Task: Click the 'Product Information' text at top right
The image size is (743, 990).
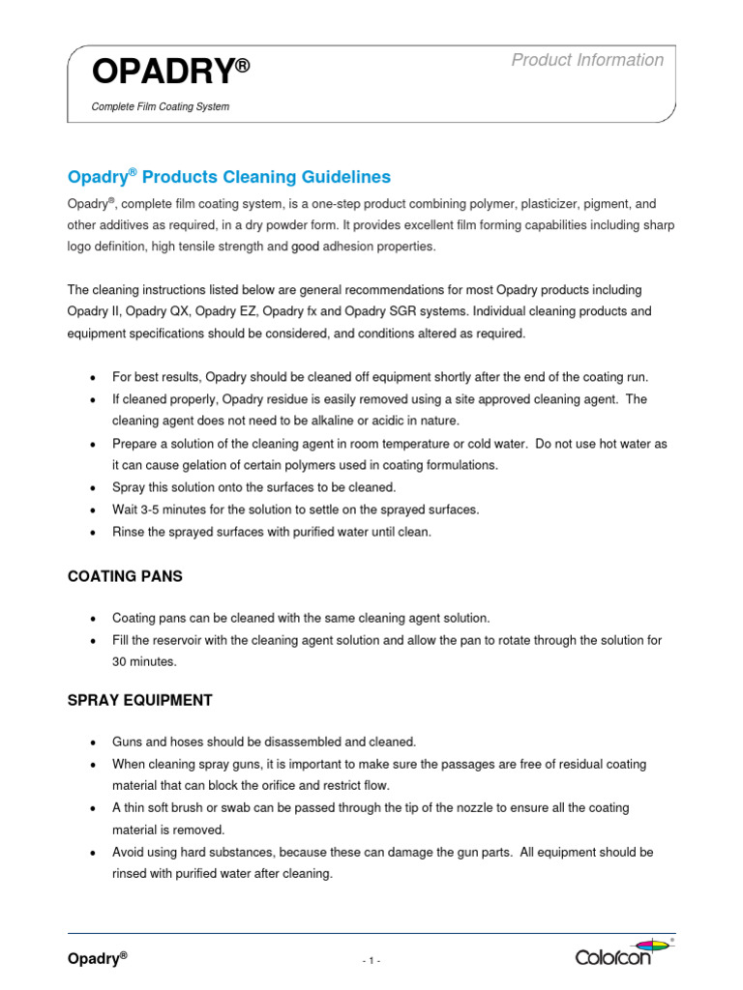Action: [x=587, y=60]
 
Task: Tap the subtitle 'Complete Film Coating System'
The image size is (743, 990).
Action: [x=160, y=106]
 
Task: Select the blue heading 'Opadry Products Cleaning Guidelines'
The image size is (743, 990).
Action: [x=228, y=177]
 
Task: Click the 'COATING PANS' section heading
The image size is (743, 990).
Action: [x=124, y=576]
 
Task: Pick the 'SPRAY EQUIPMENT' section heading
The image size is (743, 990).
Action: [x=139, y=700]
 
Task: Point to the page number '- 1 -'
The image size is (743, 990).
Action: [x=371, y=960]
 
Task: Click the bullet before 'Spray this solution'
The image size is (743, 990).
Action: [x=91, y=488]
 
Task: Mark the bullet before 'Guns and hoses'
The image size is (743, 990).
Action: [x=91, y=742]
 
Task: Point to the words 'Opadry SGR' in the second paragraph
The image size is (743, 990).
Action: [x=430, y=311]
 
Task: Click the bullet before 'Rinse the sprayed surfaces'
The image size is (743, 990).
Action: [x=91, y=533]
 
